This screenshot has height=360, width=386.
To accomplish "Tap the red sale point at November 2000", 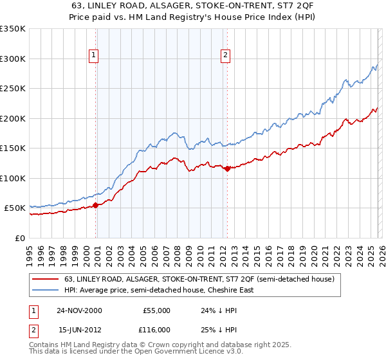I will [x=96, y=205].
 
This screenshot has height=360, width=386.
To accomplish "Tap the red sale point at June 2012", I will [x=227, y=168].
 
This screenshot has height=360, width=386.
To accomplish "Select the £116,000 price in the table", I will [x=156, y=328].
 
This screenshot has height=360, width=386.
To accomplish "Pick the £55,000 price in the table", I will [x=156, y=310].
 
